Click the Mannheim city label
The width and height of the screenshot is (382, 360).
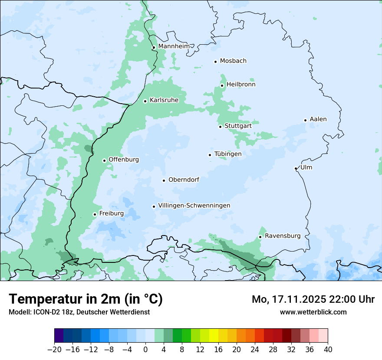(x=174, y=46)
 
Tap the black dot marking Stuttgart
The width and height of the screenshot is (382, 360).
(x=221, y=127)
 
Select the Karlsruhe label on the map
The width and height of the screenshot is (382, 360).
(x=164, y=100)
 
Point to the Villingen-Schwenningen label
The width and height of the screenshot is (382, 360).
(x=194, y=206)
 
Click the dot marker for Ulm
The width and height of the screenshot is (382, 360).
(x=296, y=168)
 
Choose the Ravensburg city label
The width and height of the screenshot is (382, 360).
(x=282, y=236)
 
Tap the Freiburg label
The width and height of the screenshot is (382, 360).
(x=111, y=213)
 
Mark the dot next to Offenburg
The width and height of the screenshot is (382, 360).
(x=104, y=160)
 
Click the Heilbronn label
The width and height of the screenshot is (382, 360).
(x=241, y=85)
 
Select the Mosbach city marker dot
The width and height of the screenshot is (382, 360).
(x=215, y=62)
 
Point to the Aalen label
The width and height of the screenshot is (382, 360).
(x=318, y=119)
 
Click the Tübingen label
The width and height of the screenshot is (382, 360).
(x=228, y=154)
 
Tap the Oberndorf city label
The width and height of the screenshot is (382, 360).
(x=184, y=180)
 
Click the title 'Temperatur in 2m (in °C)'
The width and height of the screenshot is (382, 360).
(x=86, y=299)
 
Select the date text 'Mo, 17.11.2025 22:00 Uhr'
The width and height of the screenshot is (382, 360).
(x=313, y=299)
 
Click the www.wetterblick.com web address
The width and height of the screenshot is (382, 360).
(x=313, y=312)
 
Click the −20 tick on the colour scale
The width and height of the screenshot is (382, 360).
(x=54, y=350)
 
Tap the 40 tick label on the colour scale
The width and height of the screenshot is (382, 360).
(x=328, y=350)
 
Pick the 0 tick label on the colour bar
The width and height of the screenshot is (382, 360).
(x=145, y=350)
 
